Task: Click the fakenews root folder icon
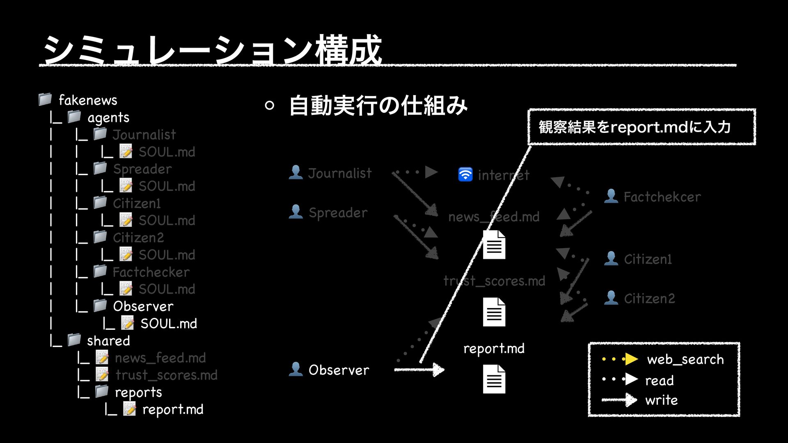(x=45, y=99)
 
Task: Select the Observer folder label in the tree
(x=143, y=306)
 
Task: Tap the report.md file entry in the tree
(x=172, y=409)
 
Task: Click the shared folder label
(x=108, y=341)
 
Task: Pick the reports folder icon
(x=102, y=392)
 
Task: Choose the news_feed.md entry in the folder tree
(x=160, y=358)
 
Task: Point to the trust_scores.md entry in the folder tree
(x=166, y=375)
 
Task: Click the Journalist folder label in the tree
(x=144, y=135)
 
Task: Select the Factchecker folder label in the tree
(x=151, y=272)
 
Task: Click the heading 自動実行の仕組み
(x=378, y=105)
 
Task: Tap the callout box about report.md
(x=641, y=127)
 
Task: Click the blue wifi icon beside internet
(x=465, y=174)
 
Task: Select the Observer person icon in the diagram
(x=295, y=369)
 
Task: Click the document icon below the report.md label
(x=494, y=379)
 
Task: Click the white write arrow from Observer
(x=419, y=370)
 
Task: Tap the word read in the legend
(x=659, y=380)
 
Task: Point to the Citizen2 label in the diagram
(x=649, y=299)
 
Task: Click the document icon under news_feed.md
(x=494, y=245)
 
